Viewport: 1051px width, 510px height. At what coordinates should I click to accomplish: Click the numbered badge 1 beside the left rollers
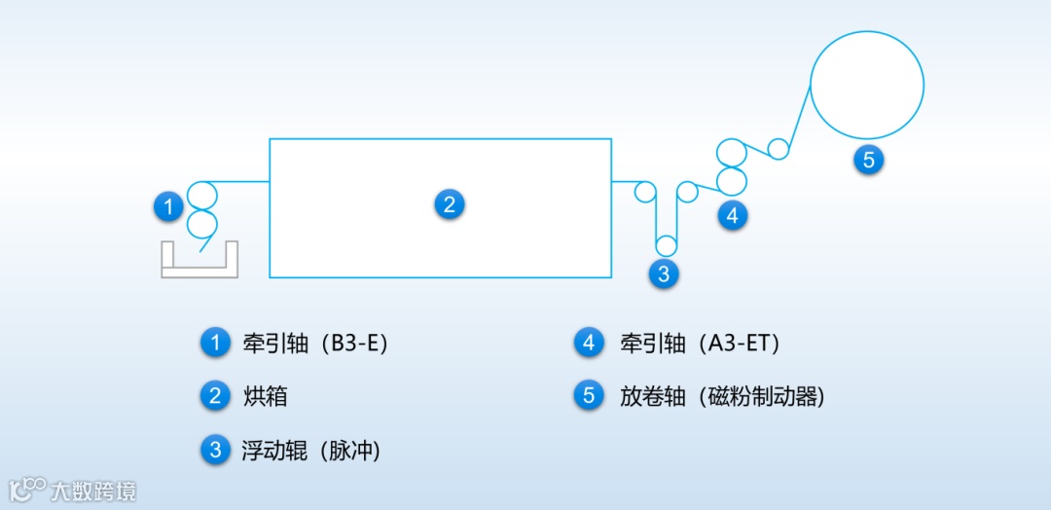(x=169, y=206)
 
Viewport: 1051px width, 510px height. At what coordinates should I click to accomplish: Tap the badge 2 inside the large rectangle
(x=449, y=204)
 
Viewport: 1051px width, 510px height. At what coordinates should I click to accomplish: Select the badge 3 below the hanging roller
(x=664, y=274)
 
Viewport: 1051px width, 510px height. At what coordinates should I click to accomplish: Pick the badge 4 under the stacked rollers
(x=733, y=215)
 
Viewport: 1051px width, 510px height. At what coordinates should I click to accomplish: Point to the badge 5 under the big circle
(x=869, y=160)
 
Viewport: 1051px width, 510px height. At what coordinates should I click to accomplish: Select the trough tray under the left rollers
(x=199, y=262)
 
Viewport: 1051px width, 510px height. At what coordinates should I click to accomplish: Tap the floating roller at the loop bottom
(x=666, y=245)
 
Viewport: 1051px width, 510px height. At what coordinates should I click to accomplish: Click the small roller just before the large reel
(x=778, y=149)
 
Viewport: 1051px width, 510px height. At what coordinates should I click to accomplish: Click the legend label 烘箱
(x=265, y=396)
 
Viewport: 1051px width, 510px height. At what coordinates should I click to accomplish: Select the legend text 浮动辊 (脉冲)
(x=310, y=451)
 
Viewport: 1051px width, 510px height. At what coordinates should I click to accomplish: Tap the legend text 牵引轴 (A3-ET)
(x=700, y=344)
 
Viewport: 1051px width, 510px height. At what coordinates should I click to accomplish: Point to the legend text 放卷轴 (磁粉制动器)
(x=722, y=396)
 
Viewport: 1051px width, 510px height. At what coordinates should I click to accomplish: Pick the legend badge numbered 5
(x=589, y=396)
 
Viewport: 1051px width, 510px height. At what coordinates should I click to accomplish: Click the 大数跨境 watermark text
(x=93, y=490)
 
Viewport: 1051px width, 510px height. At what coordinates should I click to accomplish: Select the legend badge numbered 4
(x=589, y=343)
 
